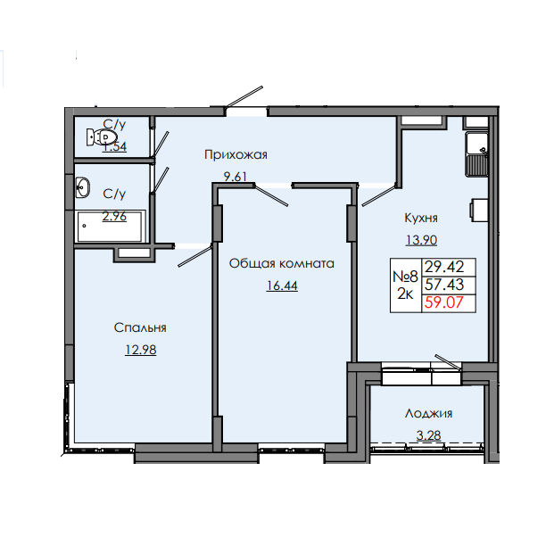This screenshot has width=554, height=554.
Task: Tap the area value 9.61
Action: [x=236, y=176]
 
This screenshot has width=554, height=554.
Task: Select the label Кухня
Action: [x=420, y=217]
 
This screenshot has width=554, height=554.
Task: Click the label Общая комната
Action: [x=281, y=263]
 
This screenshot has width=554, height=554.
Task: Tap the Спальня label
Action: [x=140, y=328]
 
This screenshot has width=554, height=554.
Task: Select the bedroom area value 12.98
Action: [x=140, y=349]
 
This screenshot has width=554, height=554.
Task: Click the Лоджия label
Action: [x=428, y=413]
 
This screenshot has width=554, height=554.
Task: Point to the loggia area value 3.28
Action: [x=428, y=434]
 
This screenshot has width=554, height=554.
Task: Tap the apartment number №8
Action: [x=407, y=276]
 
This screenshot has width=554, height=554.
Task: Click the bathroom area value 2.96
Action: [x=113, y=214]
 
